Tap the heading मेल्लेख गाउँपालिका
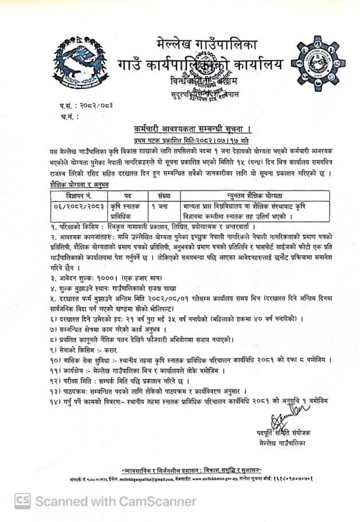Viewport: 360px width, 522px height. [207, 43]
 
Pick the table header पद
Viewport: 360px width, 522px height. [127, 196]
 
